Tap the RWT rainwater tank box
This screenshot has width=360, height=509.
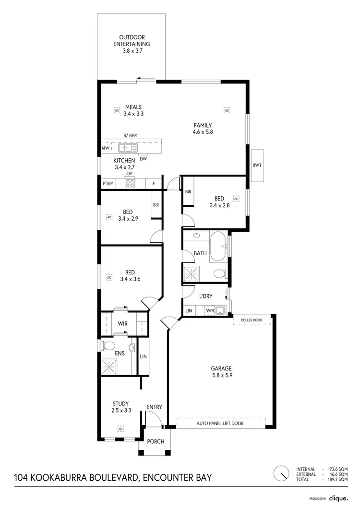coord(257,165)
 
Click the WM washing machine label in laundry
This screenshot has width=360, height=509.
coord(209,311)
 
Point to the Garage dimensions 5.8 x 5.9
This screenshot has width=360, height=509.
coord(222,376)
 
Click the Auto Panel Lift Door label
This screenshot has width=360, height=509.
coord(220,424)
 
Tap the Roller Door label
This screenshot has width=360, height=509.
coord(251,320)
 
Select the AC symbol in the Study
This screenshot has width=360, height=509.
coord(120,428)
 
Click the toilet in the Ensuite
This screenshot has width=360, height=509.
coord(109,345)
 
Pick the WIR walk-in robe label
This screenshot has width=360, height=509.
coord(123,323)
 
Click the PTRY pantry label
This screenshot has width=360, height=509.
coord(107,184)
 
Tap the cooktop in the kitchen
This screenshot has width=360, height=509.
coord(130,183)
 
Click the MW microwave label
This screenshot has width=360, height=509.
coord(105,149)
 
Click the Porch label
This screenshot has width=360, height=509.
coord(155,441)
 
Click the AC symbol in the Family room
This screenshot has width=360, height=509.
coord(227,110)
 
